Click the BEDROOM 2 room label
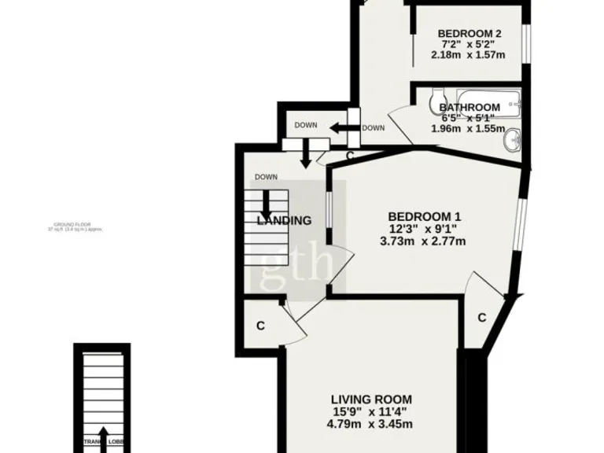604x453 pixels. pyautogui.click(x=470, y=33)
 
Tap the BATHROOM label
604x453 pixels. pyautogui.click(x=470, y=108)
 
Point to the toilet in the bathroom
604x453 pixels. pyautogui.click(x=435, y=101)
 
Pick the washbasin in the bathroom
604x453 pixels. pyautogui.click(x=514, y=140)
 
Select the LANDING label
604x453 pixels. pyautogui.click(x=284, y=221)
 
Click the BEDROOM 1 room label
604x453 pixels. pyautogui.click(x=424, y=216)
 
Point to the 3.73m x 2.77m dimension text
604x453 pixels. pyautogui.click(x=424, y=241)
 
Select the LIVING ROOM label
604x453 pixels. pyautogui.click(x=370, y=399)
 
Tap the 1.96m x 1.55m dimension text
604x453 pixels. pyautogui.click(x=469, y=129)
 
